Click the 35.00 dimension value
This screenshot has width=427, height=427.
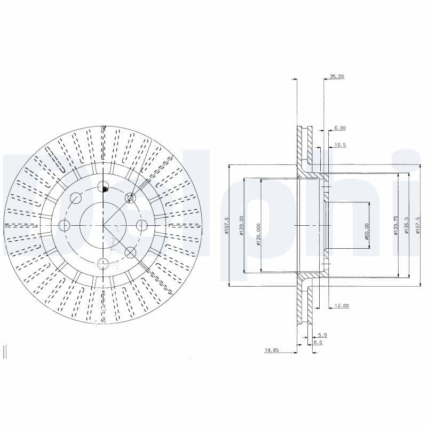[x=336, y=77]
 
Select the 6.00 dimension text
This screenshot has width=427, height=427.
[x=340, y=128]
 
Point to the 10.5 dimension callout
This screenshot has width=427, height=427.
[x=340, y=145]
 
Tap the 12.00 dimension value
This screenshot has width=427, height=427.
[x=341, y=306]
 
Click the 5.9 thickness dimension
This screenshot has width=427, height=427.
[x=322, y=335]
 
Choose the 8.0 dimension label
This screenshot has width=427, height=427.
[x=318, y=343]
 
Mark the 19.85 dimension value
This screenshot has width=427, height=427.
[x=272, y=351]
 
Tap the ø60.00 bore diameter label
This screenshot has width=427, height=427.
[x=367, y=231]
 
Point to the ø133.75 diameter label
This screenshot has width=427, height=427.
[x=396, y=226]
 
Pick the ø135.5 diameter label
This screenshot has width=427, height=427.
[x=407, y=226]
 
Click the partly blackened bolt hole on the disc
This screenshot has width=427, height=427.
[x=104, y=187]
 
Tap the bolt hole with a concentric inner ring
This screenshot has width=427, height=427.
[x=130, y=199]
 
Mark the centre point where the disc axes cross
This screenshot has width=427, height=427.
[x=104, y=225]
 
